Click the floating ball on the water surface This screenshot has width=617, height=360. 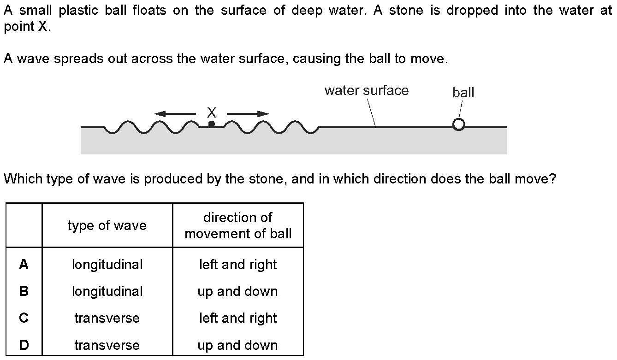pyautogui.click(x=458, y=124)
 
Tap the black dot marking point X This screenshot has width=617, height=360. pyautogui.click(x=211, y=124)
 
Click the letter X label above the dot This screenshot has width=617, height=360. pyautogui.click(x=211, y=112)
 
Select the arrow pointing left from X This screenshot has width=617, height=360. pyautogui.click(x=175, y=113)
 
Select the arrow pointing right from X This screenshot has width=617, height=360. pyautogui.click(x=248, y=113)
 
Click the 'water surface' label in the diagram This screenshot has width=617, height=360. pyautogui.click(x=366, y=90)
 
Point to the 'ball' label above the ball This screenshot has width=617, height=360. pyautogui.click(x=463, y=93)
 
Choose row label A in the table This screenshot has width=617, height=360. pyautogui.click(x=24, y=265)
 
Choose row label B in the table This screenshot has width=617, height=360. pyautogui.click(x=24, y=291)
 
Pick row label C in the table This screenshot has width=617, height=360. pyautogui.click(x=24, y=318)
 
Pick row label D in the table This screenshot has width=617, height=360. pyautogui.click(x=24, y=345)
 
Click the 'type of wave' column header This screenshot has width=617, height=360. pyautogui.click(x=107, y=225)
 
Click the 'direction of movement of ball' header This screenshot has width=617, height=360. pyautogui.click(x=238, y=225)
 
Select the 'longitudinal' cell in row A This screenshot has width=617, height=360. pyautogui.click(x=107, y=265)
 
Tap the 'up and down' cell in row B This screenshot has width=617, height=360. pyautogui.click(x=238, y=291)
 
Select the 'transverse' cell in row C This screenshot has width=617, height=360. pyautogui.click(x=107, y=318)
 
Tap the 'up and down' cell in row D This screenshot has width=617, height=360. pyautogui.click(x=238, y=345)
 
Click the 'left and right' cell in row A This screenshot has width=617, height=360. pyautogui.click(x=238, y=265)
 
